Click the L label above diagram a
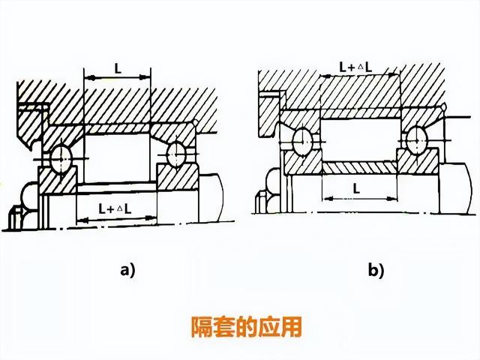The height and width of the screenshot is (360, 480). [x=118, y=67]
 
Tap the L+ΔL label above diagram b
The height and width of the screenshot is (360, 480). [x=356, y=67]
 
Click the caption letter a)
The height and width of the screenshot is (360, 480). [x=127, y=271]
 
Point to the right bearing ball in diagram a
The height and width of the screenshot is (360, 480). [x=176, y=153]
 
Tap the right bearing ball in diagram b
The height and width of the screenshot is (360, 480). [x=415, y=139]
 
